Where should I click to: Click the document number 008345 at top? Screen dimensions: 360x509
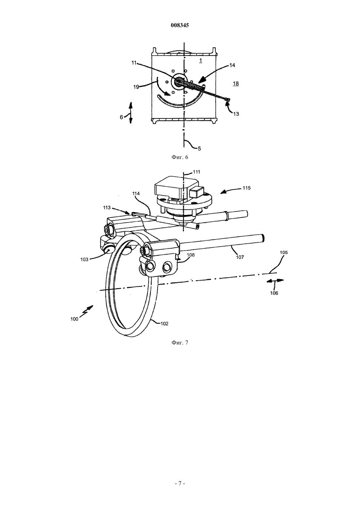180,25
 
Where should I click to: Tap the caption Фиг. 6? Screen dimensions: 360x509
180,157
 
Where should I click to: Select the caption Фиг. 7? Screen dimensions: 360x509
180,342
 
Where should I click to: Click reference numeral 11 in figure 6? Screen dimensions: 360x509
134,62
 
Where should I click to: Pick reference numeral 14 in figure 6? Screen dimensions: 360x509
232,65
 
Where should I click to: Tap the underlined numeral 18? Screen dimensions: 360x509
236,84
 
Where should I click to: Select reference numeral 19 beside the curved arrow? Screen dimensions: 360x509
136,87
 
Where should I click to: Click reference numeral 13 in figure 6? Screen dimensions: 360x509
236,114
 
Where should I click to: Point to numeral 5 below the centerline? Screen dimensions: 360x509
199,149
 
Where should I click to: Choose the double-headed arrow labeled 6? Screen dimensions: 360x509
131,113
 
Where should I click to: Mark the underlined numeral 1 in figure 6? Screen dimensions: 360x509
200,61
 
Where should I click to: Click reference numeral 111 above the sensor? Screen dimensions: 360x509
196,172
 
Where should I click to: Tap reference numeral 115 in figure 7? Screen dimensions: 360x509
246,188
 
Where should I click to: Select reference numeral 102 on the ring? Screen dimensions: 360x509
164,324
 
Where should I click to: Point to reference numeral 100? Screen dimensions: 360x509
74,319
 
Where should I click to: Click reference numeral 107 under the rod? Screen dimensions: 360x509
240,257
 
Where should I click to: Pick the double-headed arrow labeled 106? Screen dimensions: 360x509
275,281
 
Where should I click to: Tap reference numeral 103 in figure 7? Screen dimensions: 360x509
84,259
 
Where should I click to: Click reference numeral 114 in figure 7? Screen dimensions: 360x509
136,194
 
